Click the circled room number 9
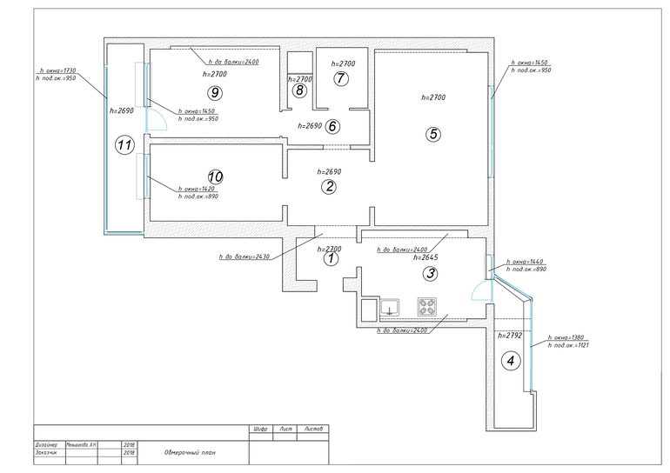pyautogui.click(x=211, y=91)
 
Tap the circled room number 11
pyautogui.click(x=124, y=145)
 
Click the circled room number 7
pyautogui.click(x=341, y=79)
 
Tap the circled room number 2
pyautogui.click(x=329, y=186)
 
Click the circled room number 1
pyautogui.click(x=330, y=257)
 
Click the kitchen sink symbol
pyautogui.click(x=387, y=306)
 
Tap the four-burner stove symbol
pyautogui.click(x=428, y=306)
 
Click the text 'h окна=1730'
pyautogui.click(x=58, y=70)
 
